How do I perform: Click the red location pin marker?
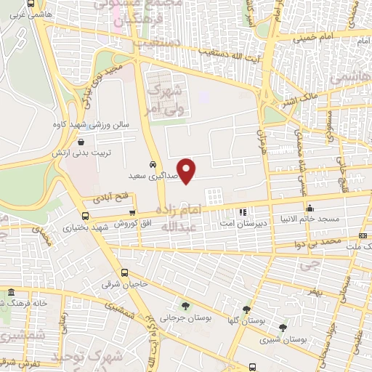[187, 171]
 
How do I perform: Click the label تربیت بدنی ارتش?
[78, 154]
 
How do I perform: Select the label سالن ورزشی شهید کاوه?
[89, 124]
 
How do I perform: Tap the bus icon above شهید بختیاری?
[86, 216]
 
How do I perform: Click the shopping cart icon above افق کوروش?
[132, 212]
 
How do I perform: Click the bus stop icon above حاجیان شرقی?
[125, 273]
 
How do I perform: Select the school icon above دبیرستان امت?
[243, 213]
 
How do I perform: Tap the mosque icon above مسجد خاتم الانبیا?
[310, 208]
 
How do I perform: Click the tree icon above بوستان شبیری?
[283, 328]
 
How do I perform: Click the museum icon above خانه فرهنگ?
[11, 292]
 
